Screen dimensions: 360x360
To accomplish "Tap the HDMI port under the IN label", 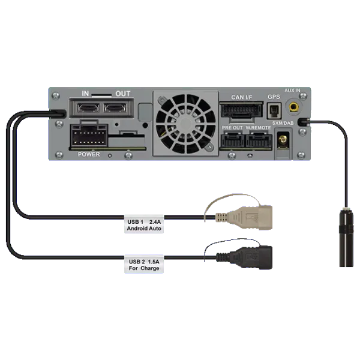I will [x=86, y=109].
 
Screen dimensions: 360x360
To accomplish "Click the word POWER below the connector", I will [x=89, y=154].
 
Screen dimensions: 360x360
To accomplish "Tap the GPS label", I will [x=274, y=97].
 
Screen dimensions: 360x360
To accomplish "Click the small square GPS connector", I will [x=274, y=111].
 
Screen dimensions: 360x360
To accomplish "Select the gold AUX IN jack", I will [x=294, y=108].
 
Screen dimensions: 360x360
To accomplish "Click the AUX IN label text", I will [x=293, y=91].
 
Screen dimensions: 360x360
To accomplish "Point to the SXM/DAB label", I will [x=283, y=123].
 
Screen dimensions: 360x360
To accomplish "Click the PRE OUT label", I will [x=232, y=128].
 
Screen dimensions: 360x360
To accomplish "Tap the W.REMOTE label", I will [x=259, y=128].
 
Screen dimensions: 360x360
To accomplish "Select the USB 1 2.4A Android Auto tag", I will [x=144, y=225].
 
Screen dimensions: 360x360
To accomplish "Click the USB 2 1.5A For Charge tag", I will [x=144, y=264].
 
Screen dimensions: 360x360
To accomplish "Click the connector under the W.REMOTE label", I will [x=258, y=142].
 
